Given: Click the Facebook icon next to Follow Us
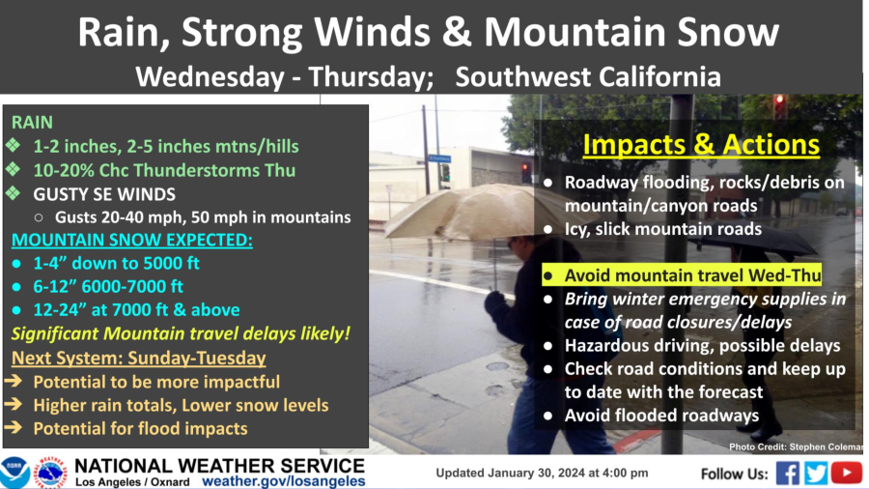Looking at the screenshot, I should pyautogui.click(x=788, y=473).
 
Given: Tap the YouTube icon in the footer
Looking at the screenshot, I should pyautogui.click(x=846, y=473).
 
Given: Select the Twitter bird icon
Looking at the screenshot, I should pyautogui.click(x=817, y=473).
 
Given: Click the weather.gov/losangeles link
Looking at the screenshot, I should pyautogui.click(x=284, y=480).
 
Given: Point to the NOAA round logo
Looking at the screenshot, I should pyautogui.click(x=14, y=473).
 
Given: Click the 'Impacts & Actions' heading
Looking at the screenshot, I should pyautogui.click(x=701, y=146).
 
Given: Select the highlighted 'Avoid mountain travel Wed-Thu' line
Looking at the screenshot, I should pyautogui.click(x=692, y=275).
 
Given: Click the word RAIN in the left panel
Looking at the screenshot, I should pyautogui.click(x=32, y=123).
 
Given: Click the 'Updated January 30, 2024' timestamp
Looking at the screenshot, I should pyautogui.click(x=542, y=474).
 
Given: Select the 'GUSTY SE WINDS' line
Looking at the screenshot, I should pyautogui.click(x=104, y=193).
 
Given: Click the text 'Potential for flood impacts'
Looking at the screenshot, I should pyautogui.click(x=140, y=428).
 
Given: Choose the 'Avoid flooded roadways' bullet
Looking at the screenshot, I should pyautogui.click(x=661, y=416).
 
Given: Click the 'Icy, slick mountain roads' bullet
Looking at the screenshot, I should pyautogui.click(x=664, y=229).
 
